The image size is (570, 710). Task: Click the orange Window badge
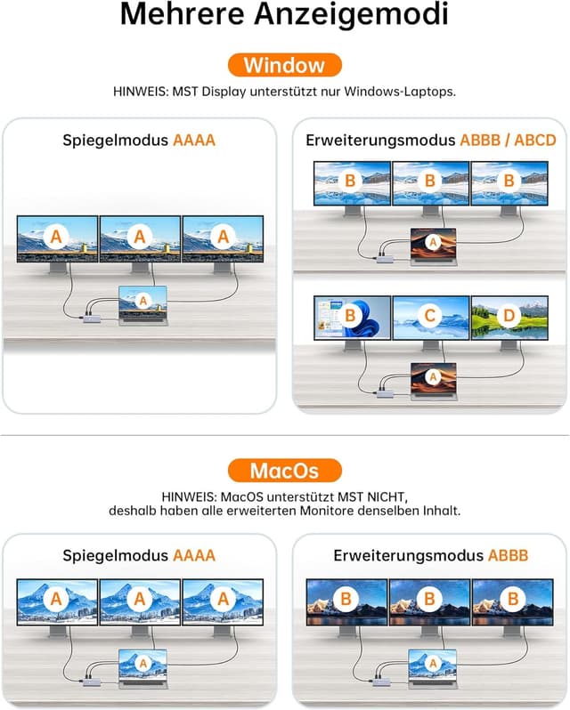point(284,65)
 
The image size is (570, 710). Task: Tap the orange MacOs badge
point(284,470)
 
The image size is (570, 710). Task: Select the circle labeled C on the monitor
point(430,315)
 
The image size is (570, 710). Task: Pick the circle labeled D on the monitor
point(509,315)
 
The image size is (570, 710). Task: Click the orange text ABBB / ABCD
point(508,140)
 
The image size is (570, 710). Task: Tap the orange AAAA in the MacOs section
point(194,555)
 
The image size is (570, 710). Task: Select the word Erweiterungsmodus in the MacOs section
point(409,555)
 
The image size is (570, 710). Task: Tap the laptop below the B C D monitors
point(433,382)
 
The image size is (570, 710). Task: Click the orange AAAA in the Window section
point(194,140)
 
